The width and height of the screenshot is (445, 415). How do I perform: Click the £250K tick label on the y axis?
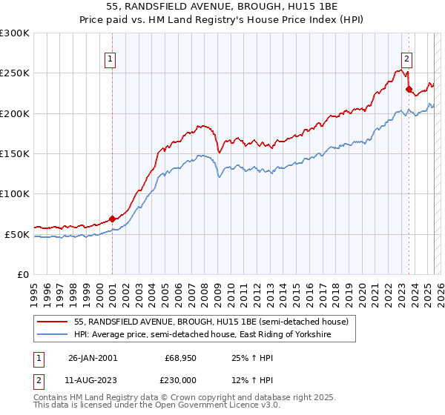tap(15, 73)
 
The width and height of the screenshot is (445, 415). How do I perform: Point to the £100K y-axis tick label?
tap(15, 194)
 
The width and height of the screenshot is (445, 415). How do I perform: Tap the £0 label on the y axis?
tap(23, 274)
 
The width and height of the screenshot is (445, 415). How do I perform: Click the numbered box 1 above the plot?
tap(110, 61)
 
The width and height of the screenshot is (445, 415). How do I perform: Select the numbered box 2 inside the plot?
tap(407, 61)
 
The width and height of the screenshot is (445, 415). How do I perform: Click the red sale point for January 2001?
tap(112, 219)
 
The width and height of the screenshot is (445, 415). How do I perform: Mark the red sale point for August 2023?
tap(409, 89)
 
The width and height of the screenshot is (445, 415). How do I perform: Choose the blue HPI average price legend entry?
tap(200, 335)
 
